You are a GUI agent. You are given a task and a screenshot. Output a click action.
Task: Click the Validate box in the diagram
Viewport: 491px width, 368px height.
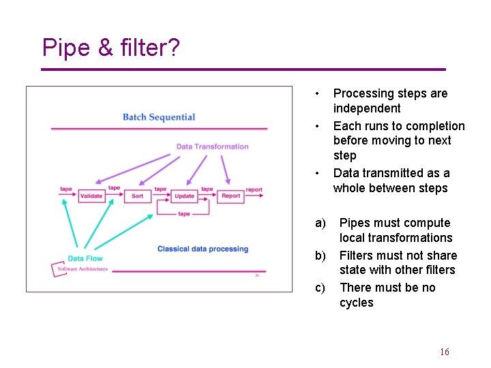pos(91,196)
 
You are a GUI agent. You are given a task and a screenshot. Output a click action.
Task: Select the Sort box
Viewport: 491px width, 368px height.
pos(137,196)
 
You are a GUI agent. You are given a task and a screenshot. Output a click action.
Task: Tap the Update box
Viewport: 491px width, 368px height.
pos(184,196)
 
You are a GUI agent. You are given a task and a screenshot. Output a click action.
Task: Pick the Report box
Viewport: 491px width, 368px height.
pos(230,196)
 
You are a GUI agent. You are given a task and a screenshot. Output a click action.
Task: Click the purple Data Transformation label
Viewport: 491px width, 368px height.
pos(212,147)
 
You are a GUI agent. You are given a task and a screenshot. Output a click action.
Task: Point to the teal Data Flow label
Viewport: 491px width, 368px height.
pos(85,258)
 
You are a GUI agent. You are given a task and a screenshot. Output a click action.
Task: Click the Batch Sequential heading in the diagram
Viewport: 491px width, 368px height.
pos(158,117)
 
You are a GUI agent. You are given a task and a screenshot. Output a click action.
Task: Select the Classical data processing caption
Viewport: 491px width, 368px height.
pos(203,249)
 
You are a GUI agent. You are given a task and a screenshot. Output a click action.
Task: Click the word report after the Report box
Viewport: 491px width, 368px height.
pos(254,189)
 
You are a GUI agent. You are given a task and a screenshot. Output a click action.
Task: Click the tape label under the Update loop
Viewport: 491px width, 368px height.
pos(183,214)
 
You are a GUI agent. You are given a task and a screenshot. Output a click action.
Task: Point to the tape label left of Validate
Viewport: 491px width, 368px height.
pos(65,189)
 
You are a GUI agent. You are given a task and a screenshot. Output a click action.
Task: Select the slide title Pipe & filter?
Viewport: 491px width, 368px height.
pos(110,48)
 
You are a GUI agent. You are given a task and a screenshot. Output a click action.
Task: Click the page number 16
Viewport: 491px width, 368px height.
pos(445,352)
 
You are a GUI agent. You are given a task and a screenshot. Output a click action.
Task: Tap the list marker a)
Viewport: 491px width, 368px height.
pos(320,223)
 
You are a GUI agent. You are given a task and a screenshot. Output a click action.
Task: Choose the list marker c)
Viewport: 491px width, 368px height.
pos(320,288)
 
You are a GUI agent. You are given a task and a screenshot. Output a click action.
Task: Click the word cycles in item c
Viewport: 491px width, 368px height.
pos(356,303)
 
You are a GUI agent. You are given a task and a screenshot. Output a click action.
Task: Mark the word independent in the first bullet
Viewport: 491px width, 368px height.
pos(366,108)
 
